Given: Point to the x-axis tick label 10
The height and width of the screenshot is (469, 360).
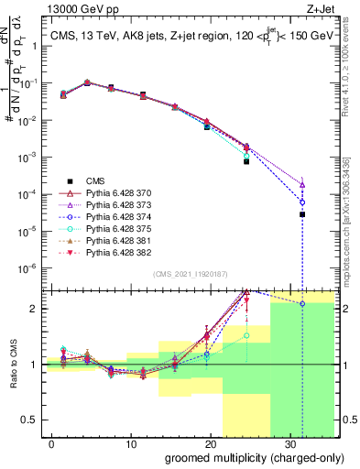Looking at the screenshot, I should click(x=131, y=442).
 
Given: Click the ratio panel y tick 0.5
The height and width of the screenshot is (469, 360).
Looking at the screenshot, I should click(x=33, y=420).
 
